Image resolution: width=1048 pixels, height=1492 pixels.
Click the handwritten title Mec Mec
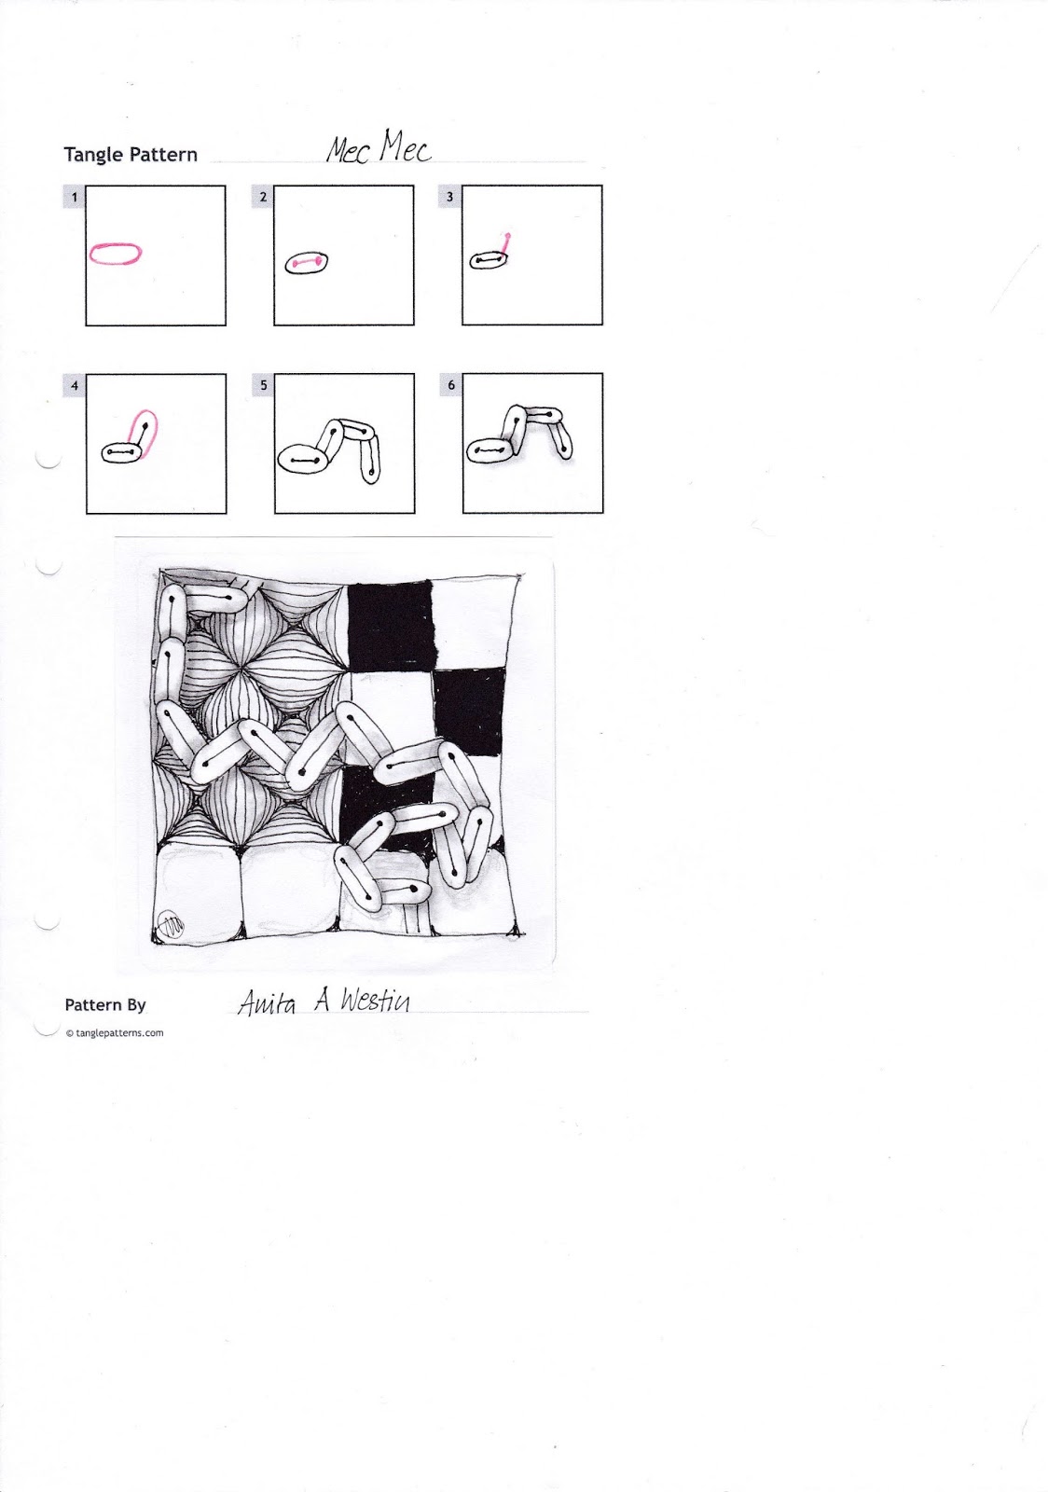pyautogui.click(x=379, y=148)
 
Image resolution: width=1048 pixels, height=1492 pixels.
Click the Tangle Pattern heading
pyautogui.click(x=131, y=155)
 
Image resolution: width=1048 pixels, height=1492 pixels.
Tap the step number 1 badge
pyautogui.click(x=75, y=197)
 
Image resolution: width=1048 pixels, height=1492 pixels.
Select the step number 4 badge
pyautogui.click(x=75, y=385)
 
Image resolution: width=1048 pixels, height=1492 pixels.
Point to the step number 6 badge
pyautogui.click(x=451, y=385)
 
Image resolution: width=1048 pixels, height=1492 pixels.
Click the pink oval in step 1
pyautogui.click(x=116, y=253)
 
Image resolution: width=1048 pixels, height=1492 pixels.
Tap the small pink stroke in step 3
pyautogui.click(x=505, y=242)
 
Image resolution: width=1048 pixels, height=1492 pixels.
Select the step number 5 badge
pyautogui.click(x=263, y=385)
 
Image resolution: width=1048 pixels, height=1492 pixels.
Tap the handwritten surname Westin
pyautogui.click(x=373, y=1002)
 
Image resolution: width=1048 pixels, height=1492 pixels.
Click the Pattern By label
pyautogui.click(x=105, y=1005)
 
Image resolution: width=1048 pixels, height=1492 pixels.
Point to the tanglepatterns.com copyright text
pyautogui.click(x=115, y=1032)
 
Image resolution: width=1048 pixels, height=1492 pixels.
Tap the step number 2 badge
pyautogui.click(x=263, y=197)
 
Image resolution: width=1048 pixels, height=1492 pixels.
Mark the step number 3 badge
pyautogui.click(x=451, y=197)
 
